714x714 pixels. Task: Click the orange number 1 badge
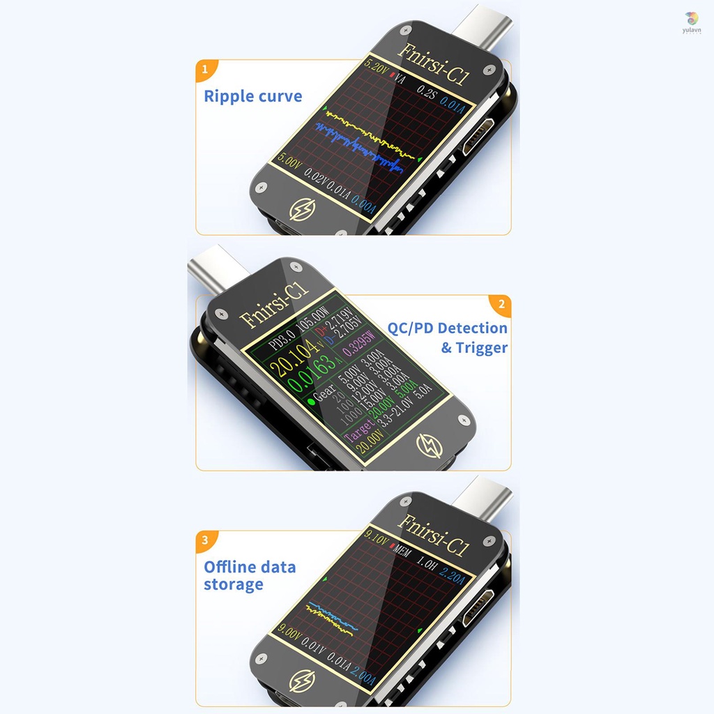click(205, 70)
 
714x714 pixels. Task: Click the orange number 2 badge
click(500, 305)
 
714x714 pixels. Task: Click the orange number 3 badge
click(205, 540)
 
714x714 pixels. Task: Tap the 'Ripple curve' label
click(253, 96)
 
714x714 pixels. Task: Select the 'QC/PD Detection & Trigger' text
click(448, 337)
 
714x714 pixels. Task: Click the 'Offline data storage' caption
click(250, 576)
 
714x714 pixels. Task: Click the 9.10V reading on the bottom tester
click(377, 538)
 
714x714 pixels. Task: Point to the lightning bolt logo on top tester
click(302, 211)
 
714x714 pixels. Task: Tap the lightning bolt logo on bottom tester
click(302, 681)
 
